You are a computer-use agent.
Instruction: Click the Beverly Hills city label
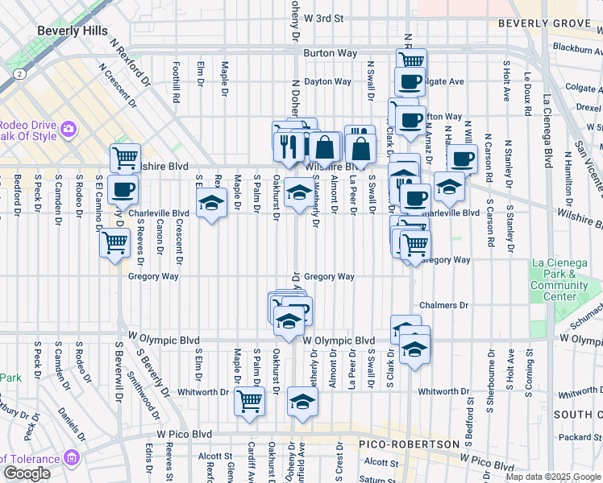click(x=73, y=31)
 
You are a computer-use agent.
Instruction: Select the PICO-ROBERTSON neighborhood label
click(x=410, y=444)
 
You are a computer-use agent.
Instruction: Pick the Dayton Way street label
click(x=327, y=81)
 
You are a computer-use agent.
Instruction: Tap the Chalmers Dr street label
click(x=443, y=305)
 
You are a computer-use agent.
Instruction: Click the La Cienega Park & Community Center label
click(x=559, y=279)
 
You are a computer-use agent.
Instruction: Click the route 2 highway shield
click(x=18, y=73)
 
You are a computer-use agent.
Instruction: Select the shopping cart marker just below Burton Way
click(x=411, y=60)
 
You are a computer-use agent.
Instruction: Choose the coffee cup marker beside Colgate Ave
click(x=410, y=81)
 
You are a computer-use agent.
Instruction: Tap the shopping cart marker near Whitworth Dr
click(x=250, y=400)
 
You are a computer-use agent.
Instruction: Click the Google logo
click(x=27, y=473)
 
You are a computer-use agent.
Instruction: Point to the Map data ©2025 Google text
click(x=553, y=477)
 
